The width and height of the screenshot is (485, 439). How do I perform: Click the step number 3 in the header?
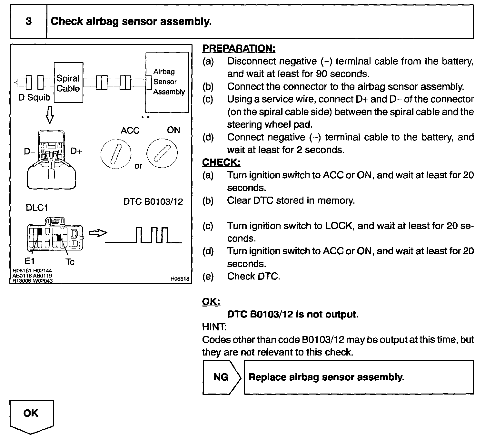[x=28, y=22]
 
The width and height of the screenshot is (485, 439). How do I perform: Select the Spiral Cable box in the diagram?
[x=68, y=83]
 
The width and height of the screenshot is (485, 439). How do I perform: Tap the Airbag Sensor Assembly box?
[x=167, y=82]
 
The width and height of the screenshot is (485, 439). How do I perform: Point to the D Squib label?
[x=34, y=97]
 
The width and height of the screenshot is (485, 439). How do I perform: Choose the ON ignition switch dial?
[x=162, y=153]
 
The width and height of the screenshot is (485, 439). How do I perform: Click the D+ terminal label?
[x=76, y=151]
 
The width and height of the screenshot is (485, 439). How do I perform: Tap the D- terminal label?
[x=29, y=151]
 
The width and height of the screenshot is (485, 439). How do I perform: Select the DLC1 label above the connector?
[x=36, y=208]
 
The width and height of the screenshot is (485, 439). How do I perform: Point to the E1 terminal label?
[x=29, y=261]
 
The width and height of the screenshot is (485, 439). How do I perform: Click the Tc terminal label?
[x=70, y=262]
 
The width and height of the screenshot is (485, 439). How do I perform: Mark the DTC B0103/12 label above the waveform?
[x=153, y=202]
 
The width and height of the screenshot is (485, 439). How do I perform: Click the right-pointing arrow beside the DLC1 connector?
[x=97, y=233]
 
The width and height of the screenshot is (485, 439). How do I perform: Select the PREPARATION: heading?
[x=239, y=49]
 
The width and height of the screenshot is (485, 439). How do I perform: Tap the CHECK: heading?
[x=221, y=162]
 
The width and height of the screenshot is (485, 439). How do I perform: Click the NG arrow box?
[x=222, y=377]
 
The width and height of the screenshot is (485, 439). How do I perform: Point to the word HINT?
[x=214, y=327]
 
